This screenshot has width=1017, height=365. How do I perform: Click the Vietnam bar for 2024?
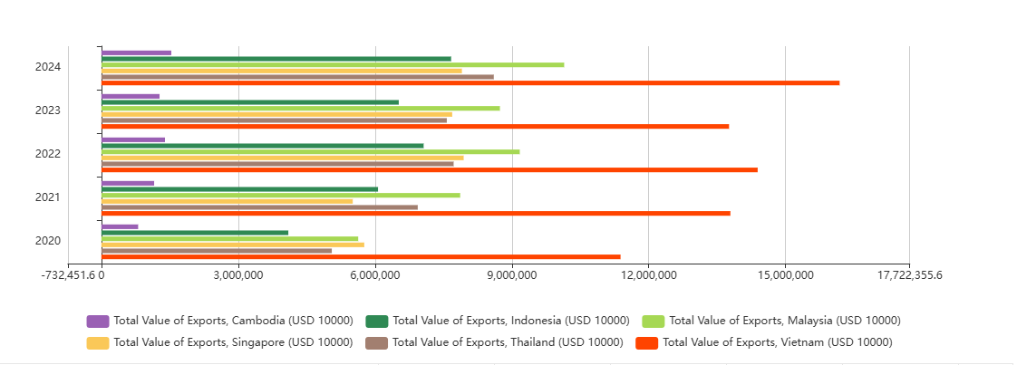(x=470, y=82)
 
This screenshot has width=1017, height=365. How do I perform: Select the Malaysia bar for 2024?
(x=333, y=64)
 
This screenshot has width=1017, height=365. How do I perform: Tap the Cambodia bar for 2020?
(x=120, y=226)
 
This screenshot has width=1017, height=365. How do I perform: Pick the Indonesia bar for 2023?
(x=250, y=102)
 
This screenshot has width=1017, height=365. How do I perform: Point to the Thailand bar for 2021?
(x=259, y=207)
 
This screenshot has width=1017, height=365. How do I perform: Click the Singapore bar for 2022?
(x=283, y=158)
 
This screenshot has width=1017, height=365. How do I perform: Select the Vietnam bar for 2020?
(x=361, y=256)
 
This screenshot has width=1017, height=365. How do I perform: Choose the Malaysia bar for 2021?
(x=281, y=195)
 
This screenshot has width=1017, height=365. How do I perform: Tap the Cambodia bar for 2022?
(x=133, y=139)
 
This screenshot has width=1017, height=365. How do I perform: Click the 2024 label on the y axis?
(x=48, y=67)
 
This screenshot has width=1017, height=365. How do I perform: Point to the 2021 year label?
(x=48, y=197)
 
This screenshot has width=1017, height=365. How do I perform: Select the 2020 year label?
(x=48, y=241)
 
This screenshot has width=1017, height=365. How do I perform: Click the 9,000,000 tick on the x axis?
(x=512, y=275)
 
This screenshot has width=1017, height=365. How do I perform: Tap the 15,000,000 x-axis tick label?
(x=785, y=275)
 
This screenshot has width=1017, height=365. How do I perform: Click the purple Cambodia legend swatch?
(x=98, y=321)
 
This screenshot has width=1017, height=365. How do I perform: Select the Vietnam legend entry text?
(x=778, y=342)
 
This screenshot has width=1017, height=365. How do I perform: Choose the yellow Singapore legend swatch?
(x=98, y=342)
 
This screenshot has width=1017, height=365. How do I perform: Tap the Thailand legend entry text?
(x=508, y=342)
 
